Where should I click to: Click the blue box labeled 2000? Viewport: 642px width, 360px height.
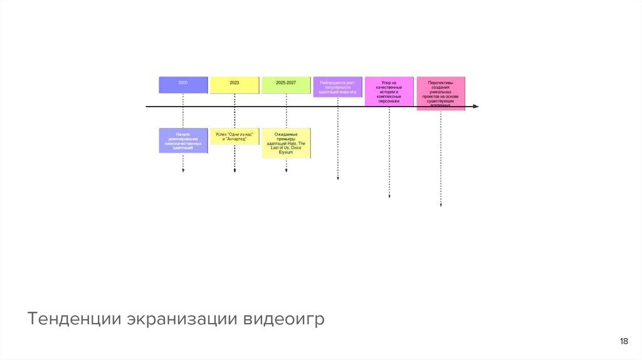point(183,85)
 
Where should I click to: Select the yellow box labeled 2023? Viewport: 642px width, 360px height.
point(234,85)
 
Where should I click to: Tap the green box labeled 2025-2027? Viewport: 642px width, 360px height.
point(286,85)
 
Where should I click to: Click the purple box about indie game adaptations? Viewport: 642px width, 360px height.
point(337,87)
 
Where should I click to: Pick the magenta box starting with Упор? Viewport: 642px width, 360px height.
point(389,91)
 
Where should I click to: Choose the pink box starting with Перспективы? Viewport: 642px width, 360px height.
point(441,93)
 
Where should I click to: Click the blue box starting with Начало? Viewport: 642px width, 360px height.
point(183,141)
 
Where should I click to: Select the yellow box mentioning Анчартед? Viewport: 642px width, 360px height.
point(234,136)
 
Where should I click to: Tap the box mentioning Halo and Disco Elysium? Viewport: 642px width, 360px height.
point(286,143)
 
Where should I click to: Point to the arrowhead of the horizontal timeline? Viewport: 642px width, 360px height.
point(476,107)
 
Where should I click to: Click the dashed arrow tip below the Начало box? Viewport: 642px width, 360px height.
point(183,170)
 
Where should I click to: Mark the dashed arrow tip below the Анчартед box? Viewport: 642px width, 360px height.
point(234,170)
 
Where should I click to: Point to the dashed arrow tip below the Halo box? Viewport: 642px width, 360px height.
point(286,170)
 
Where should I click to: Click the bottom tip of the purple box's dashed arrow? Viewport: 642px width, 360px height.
point(338,179)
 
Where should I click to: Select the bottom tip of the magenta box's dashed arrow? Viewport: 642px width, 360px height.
point(389,196)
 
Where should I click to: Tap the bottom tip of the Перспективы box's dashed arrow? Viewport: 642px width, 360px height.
point(441,204)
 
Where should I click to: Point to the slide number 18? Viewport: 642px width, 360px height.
point(623,341)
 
